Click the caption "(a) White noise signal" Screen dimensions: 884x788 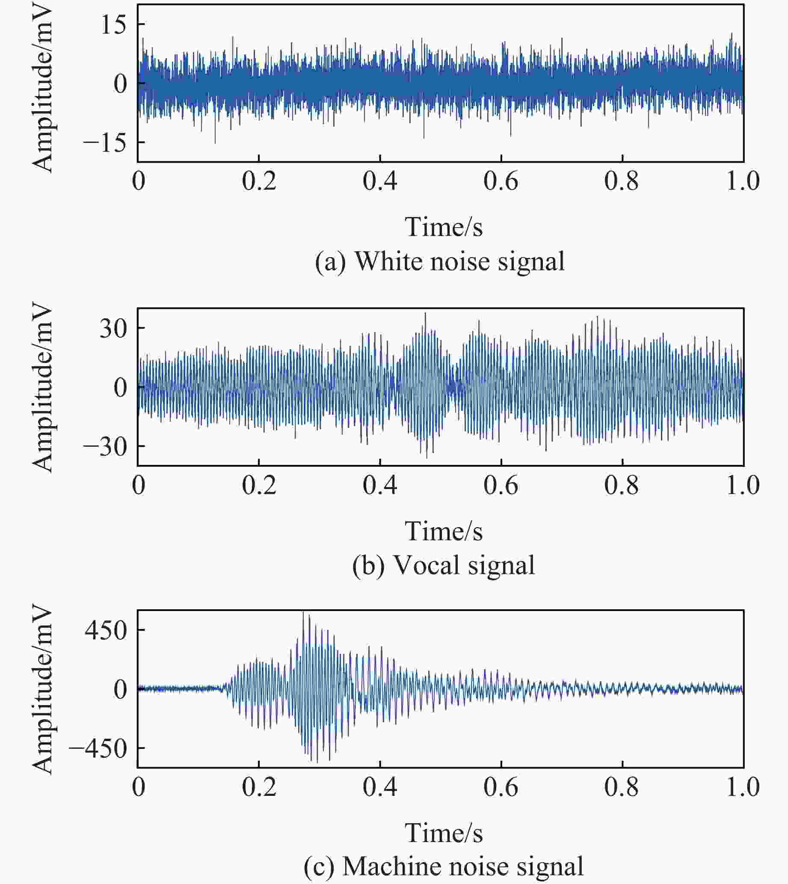pos(440,261)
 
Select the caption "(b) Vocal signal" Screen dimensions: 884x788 pos(443,566)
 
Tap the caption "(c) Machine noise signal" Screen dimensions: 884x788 pos(443,866)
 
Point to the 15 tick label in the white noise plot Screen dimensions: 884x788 pos(113,25)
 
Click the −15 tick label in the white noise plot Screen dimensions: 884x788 pos(106,142)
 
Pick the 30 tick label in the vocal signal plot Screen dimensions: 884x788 pos(113,328)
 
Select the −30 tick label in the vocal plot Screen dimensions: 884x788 pos(106,447)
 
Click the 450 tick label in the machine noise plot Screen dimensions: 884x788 pos(106,630)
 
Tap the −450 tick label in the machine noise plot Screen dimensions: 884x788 pos(99,748)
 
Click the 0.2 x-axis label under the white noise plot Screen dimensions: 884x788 pos(259,181)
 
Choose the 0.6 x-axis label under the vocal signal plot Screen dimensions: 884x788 pos(501,485)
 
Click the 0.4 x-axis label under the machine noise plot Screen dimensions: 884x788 pos(380,787)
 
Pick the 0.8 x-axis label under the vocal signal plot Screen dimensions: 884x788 pos(622,485)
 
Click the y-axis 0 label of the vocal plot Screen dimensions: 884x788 pos(121,387)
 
